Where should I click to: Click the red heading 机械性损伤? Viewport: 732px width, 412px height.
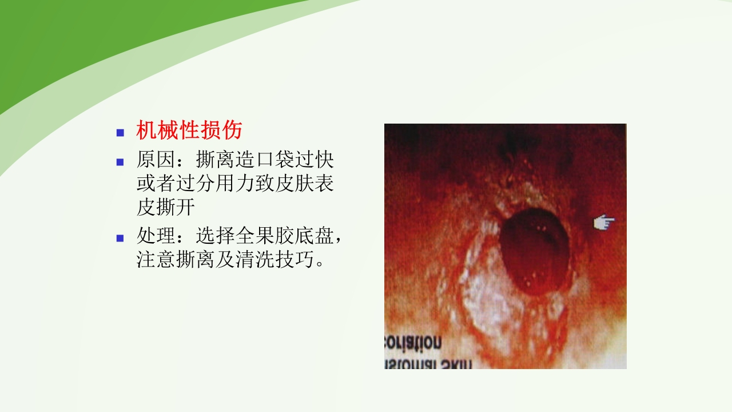[189, 131]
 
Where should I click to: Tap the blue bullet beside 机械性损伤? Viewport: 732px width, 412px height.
[120, 133]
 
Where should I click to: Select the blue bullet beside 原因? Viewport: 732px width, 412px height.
[120, 162]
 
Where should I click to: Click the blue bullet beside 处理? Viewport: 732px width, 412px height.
[120, 238]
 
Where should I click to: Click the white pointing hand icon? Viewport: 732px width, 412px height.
[604, 223]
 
